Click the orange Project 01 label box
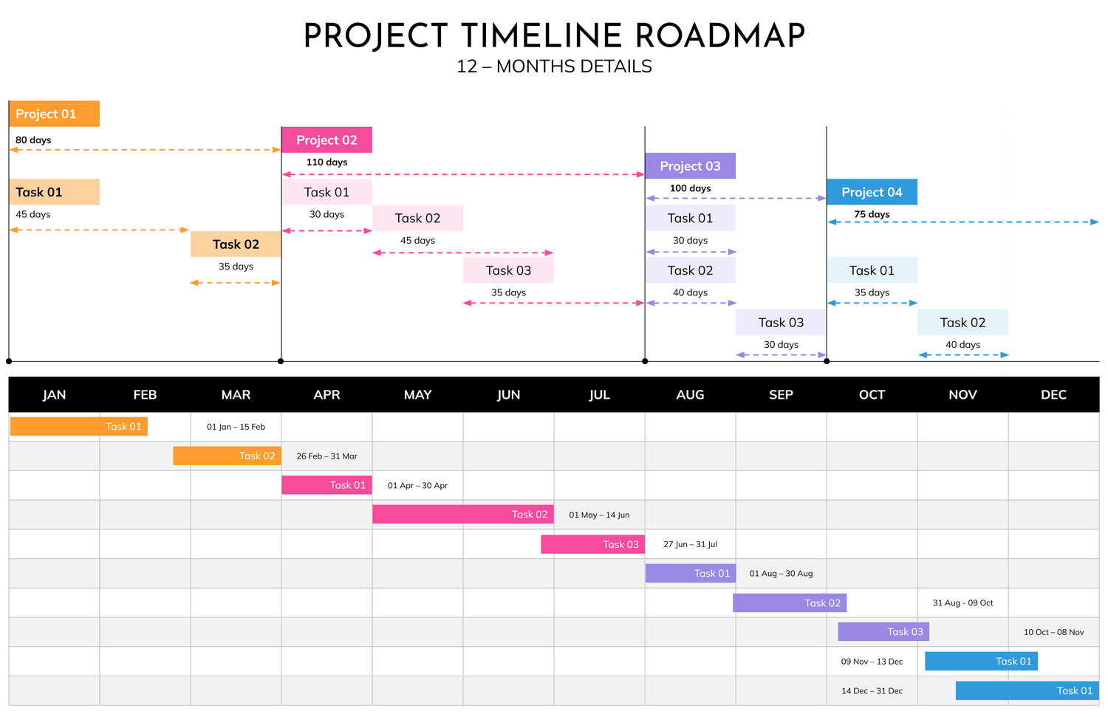54,114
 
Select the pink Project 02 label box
326,140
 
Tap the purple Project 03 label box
690,166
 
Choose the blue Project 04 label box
872,192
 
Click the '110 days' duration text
326,162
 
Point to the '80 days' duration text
33,140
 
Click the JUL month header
599,395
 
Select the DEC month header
1053,395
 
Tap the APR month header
326,395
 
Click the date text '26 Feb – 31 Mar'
326,456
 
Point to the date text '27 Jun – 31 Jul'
690,544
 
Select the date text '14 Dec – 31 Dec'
872,691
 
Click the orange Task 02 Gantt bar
227,456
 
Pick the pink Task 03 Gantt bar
592,544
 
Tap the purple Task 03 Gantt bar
883,632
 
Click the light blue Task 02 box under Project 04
962,323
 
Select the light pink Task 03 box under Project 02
508,270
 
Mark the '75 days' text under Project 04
872,215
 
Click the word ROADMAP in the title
719,36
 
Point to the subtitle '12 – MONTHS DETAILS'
554,66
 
